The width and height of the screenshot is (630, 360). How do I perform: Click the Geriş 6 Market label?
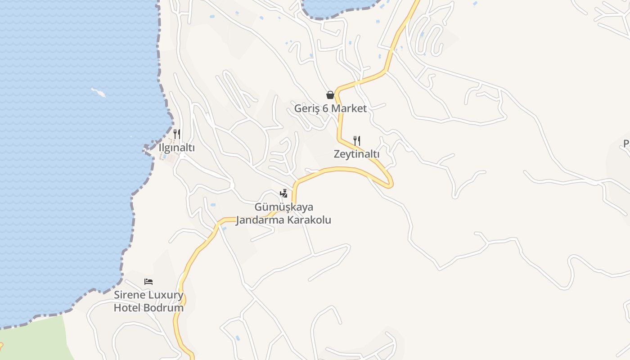coord(330,108)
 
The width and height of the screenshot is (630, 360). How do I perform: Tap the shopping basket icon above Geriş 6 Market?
coord(330,95)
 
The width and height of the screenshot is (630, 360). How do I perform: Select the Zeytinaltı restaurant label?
coord(356,154)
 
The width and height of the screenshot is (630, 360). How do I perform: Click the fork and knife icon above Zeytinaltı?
coord(357,141)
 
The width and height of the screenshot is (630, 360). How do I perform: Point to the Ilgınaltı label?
coord(177,148)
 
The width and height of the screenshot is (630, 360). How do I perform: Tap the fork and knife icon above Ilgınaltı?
coord(177,134)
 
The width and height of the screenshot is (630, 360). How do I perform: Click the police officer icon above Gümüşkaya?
coord(283,193)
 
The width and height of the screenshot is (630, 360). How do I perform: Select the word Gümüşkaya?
coord(284,207)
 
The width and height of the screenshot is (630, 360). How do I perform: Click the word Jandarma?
coord(260,220)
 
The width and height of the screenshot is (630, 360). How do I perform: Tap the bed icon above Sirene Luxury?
coord(148,282)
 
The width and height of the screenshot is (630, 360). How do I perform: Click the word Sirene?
coord(130,295)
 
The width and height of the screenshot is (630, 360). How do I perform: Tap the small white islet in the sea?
coord(99,93)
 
